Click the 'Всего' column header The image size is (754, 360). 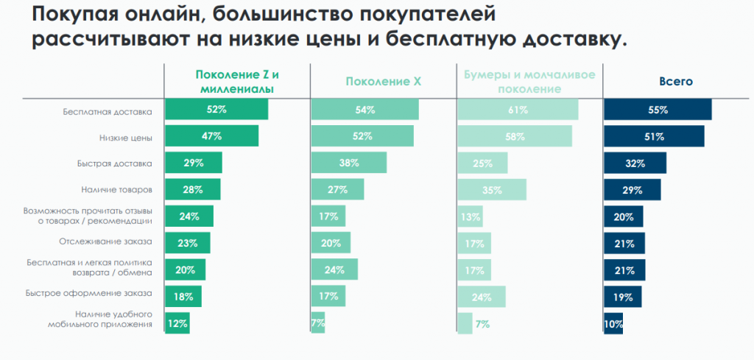[675, 82]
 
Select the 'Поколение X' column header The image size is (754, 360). [383, 82]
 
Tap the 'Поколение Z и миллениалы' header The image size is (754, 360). [237, 81]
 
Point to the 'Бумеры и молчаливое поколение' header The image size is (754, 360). [529, 81]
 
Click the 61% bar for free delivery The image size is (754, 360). [518, 110]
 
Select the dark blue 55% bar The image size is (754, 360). [658, 110]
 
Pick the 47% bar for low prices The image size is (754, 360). [211, 136]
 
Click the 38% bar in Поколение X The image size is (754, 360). [349, 163]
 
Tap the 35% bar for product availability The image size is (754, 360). [492, 189]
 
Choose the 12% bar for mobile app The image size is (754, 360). [177, 322]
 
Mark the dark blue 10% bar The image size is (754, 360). [613, 322]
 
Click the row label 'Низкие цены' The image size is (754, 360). [125, 137]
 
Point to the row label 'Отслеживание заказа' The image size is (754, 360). [105, 241]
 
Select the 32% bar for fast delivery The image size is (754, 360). [635, 163]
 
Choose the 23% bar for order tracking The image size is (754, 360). [187, 243]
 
